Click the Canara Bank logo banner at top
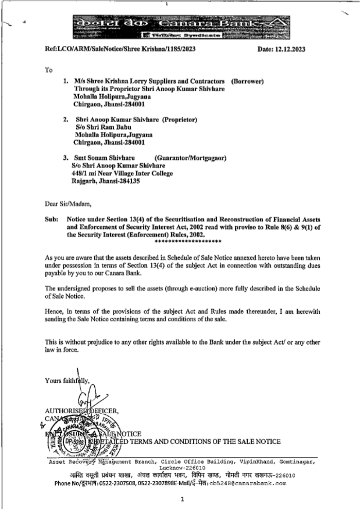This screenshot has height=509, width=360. coord(181,27)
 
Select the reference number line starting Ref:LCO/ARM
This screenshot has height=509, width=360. coord(120,49)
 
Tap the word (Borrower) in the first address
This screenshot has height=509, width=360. coord(247,81)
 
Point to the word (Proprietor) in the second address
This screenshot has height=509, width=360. coord(180,119)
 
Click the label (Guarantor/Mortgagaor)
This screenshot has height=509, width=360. coord(190,158)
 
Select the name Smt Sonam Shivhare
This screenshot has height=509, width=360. coord(104,158)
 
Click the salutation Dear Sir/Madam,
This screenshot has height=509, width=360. coord(68,204)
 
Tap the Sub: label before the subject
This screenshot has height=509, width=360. coord(51,219)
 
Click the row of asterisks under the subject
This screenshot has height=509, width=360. coord(187,242)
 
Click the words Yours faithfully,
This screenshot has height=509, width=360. coord(67,381)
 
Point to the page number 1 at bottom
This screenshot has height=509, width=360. coord(182,499)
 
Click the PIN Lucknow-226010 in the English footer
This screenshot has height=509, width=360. coord(182,468)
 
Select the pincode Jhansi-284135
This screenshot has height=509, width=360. coord(106,181)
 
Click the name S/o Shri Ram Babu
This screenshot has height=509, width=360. coord(103,127)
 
